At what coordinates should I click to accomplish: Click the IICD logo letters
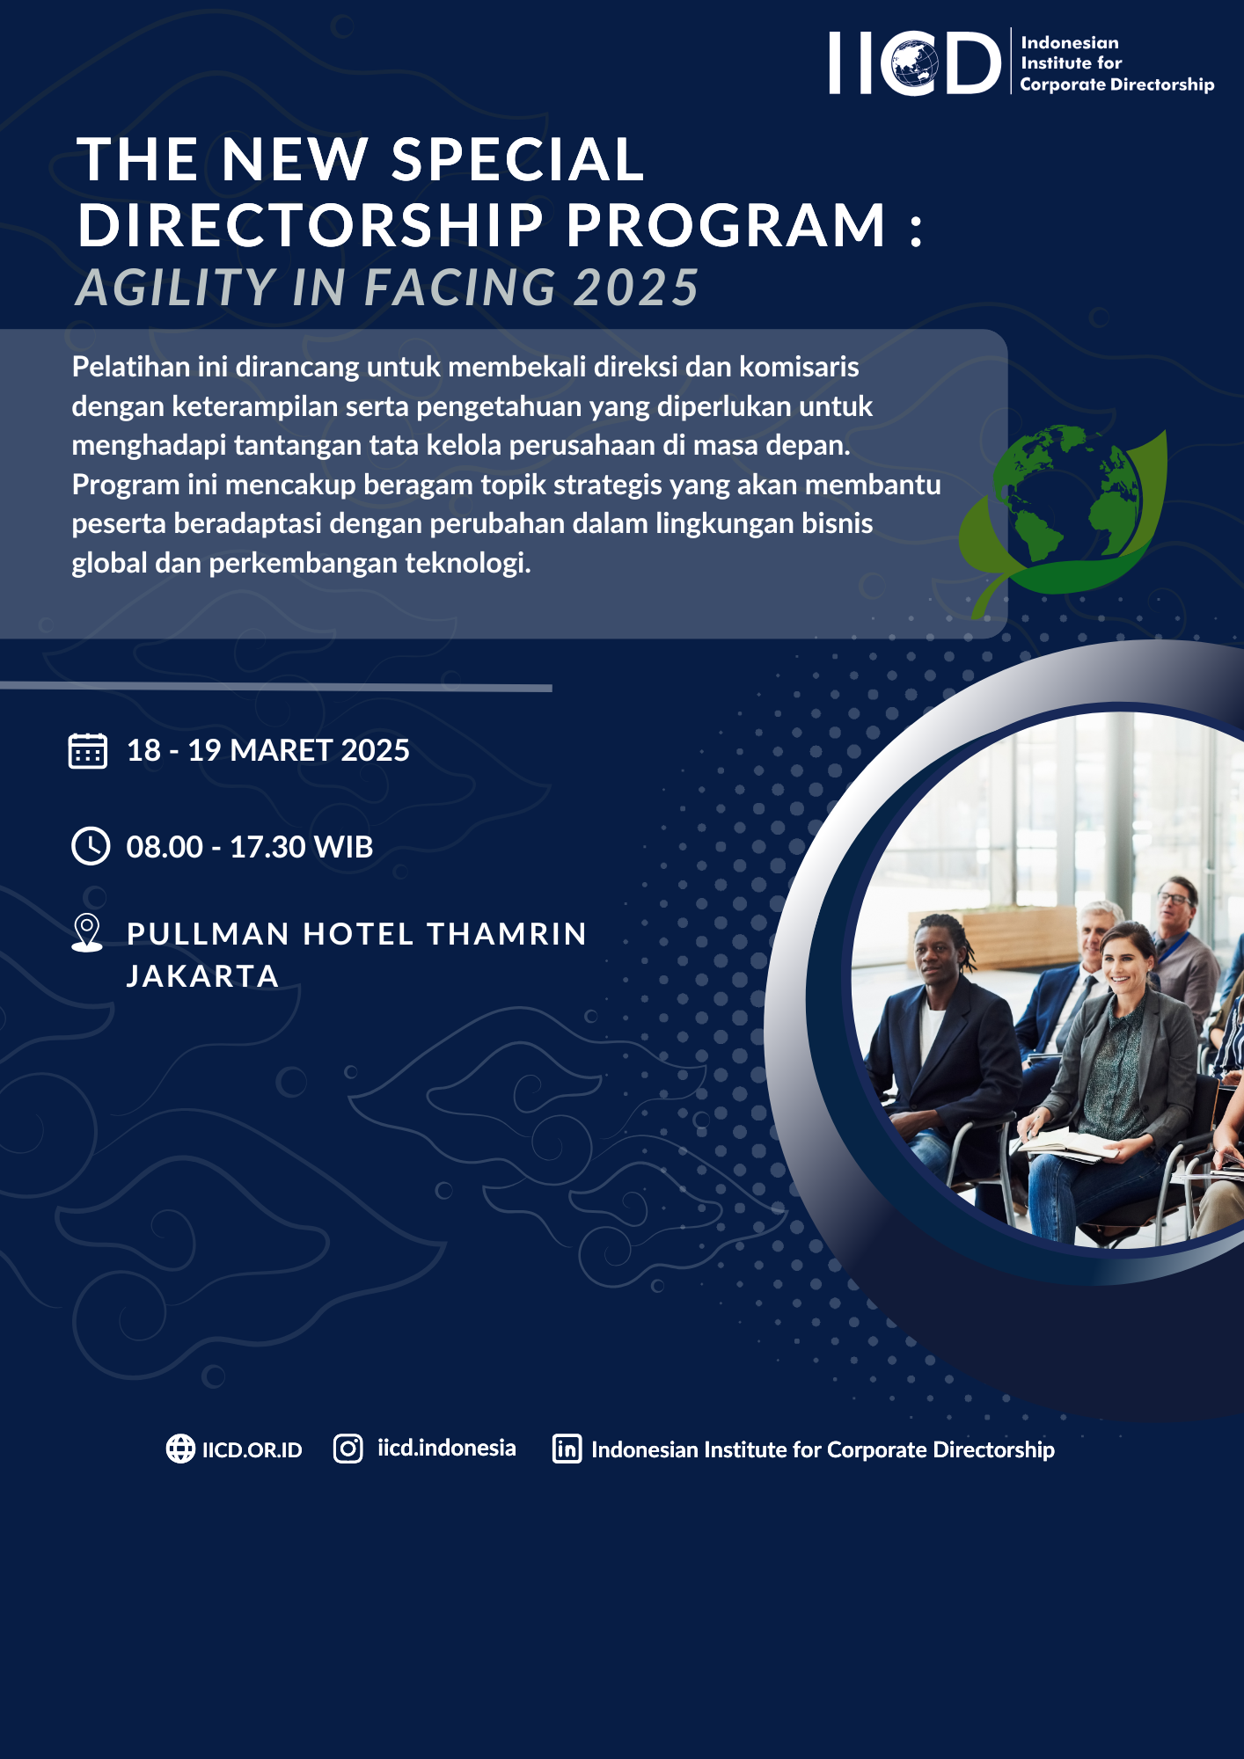pos(915,62)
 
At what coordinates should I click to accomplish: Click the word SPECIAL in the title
pos(518,160)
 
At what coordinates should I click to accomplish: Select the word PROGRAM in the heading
pos(726,225)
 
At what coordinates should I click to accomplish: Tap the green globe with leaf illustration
pos(1063,520)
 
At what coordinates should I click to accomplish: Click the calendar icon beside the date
pos(88,751)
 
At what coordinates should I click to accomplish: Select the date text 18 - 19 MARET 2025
pos(268,750)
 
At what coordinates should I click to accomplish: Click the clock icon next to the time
pos(90,846)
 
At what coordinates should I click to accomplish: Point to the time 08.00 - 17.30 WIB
pos(250,847)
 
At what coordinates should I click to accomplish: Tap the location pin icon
pos(87,932)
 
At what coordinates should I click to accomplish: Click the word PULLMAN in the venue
pos(209,934)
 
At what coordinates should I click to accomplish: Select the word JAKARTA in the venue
pos(202,976)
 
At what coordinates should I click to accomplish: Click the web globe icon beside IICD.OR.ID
pos(180,1449)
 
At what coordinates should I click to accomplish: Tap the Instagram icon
pos(348,1449)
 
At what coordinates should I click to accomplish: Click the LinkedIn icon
pos(567,1449)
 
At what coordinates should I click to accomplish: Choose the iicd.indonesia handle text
pos(447,1448)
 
